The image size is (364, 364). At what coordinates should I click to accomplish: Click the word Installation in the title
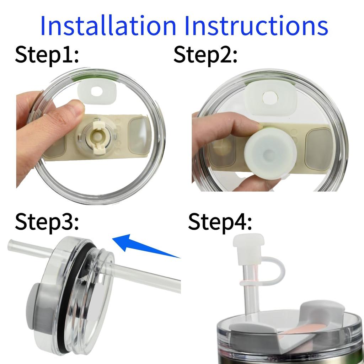click(108, 26)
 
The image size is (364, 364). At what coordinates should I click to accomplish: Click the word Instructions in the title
click(255, 26)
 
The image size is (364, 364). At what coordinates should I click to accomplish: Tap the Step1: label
click(47, 55)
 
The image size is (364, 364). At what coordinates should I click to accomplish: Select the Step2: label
click(205, 55)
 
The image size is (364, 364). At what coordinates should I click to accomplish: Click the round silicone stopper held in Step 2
click(270, 151)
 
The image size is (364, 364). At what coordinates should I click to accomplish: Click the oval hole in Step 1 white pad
click(96, 91)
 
